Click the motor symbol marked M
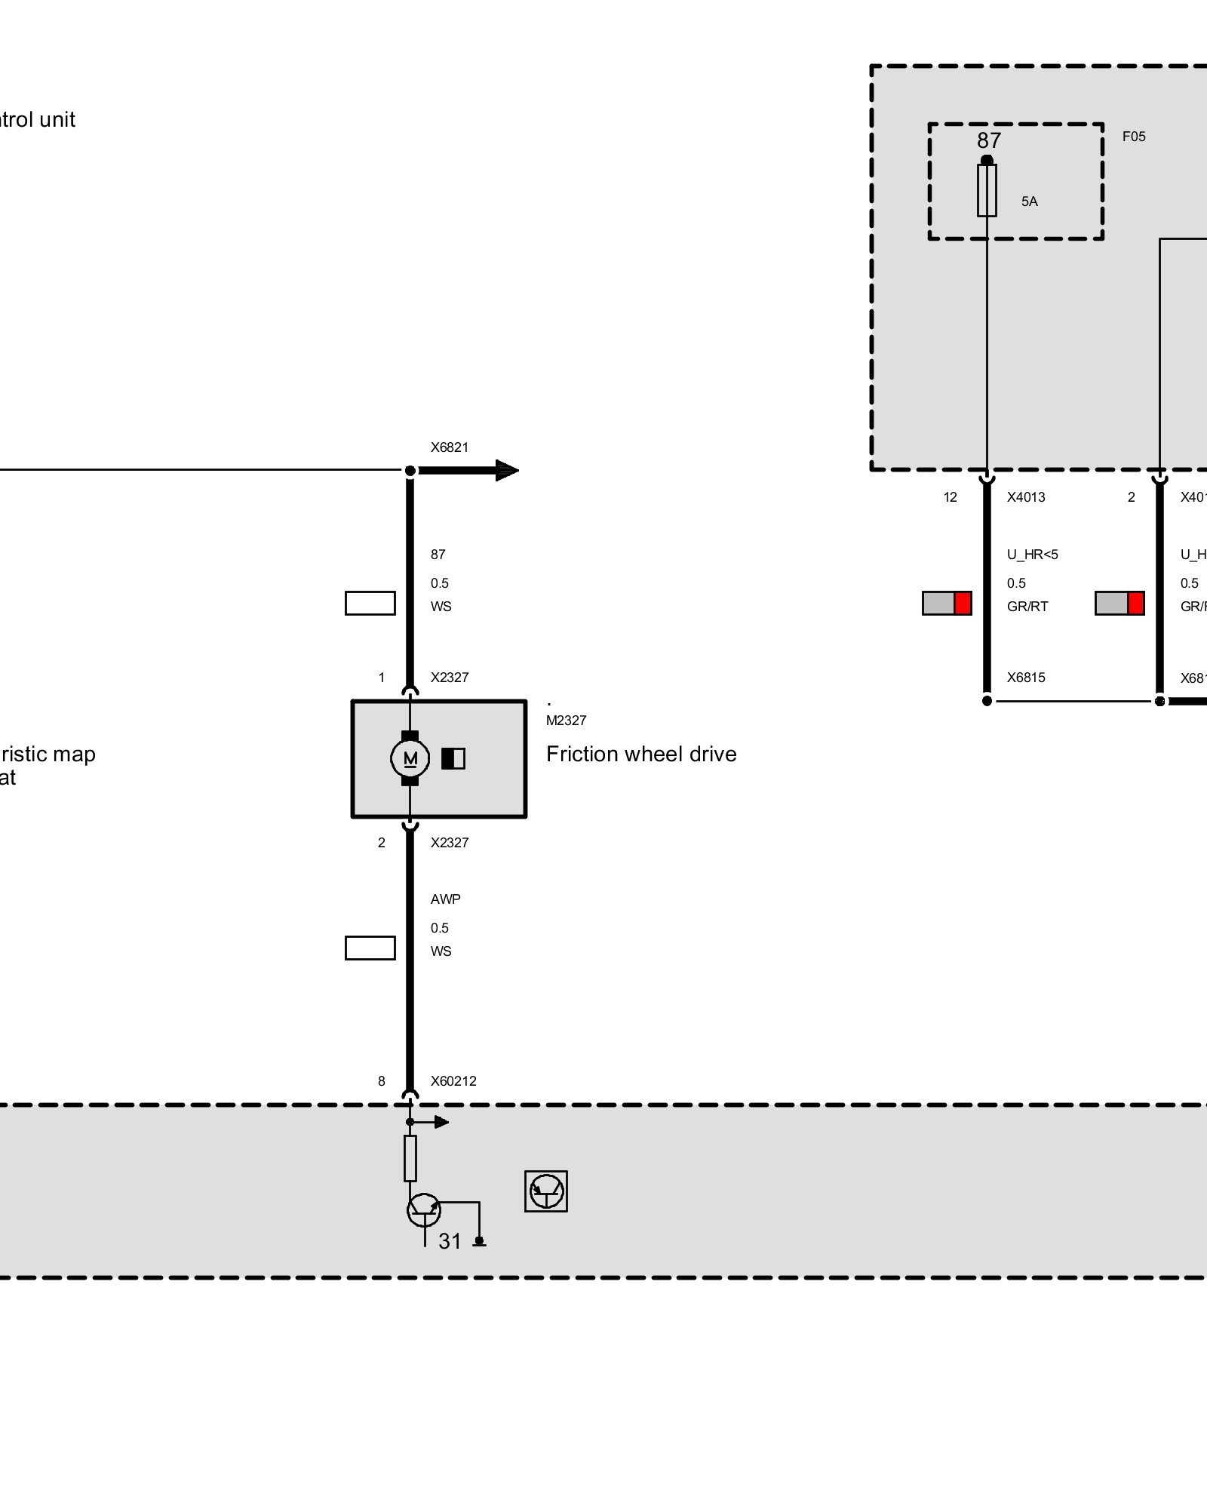[x=410, y=758]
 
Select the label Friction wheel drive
[x=641, y=754]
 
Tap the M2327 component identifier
[x=566, y=721]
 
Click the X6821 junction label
[x=450, y=447]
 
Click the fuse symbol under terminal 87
[x=987, y=190]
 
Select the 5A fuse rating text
[x=1029, y=201]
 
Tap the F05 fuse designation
[x=1133, y=137]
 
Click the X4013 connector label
[x=1026, y=497]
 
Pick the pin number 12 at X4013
[x=950, y=497]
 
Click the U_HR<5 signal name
[x=1032, y=555]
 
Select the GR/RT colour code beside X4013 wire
[x=1027, y=607]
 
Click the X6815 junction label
[x=1026, y=678]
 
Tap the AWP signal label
[x=445, y=899]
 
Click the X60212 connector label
[x=453, y=1081]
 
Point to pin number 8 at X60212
[x=382, y=1081]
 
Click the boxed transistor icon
[x=546, y=1191]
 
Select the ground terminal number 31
[x=450, y=1241]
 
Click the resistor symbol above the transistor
[x=410, y=1158]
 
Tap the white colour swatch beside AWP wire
[x=370, y=948]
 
